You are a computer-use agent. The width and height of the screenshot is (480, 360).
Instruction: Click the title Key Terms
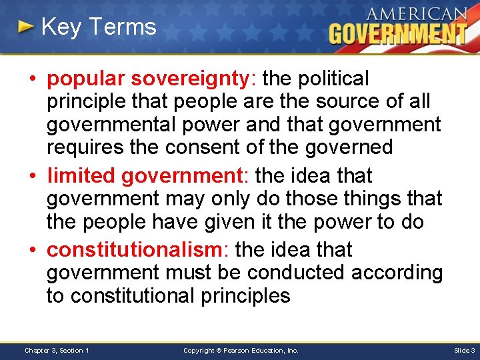point(98,27)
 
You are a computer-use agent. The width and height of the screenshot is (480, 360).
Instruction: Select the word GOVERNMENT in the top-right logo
point(398,33)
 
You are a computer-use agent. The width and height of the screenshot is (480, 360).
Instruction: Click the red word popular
point(85,79)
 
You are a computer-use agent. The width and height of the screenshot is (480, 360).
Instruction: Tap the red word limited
point(81,176)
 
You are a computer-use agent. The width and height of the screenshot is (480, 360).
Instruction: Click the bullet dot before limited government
point(32,177)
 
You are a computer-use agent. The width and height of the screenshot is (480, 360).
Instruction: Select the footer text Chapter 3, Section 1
point(57,350)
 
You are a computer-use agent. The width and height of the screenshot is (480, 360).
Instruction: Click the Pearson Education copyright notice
point(241,350)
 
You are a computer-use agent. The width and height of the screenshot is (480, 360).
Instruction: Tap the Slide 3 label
point(464,350)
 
